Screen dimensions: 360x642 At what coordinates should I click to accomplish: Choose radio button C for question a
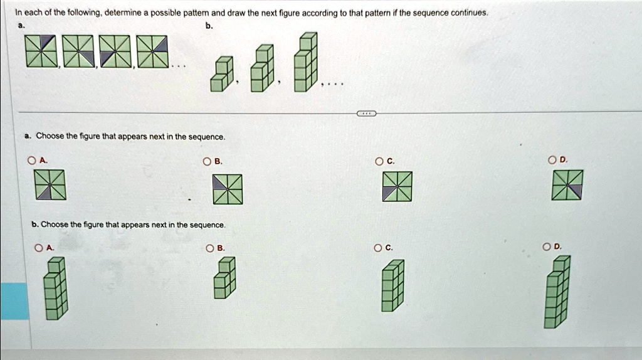point(379,161)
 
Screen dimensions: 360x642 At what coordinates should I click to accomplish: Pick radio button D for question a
point(552,161)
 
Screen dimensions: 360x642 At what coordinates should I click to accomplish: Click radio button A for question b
point(39,248)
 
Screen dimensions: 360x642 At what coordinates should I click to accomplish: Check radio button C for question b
point(379,248)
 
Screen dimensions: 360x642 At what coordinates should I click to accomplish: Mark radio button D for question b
point(552,248)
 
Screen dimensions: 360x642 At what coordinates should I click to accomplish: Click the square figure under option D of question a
point(567,185)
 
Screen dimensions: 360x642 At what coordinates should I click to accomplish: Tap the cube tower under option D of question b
point(557,292)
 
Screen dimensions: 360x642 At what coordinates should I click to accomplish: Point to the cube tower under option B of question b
point(224,279)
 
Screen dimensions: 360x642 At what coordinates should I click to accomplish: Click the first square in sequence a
point(42,51)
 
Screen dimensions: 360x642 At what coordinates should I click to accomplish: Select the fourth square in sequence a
point(154,51)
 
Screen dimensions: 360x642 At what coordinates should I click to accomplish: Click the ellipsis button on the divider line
point(366,113)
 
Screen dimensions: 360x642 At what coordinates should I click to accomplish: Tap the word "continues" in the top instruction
point(470,13)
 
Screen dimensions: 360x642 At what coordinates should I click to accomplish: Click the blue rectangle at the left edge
point(14,301)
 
